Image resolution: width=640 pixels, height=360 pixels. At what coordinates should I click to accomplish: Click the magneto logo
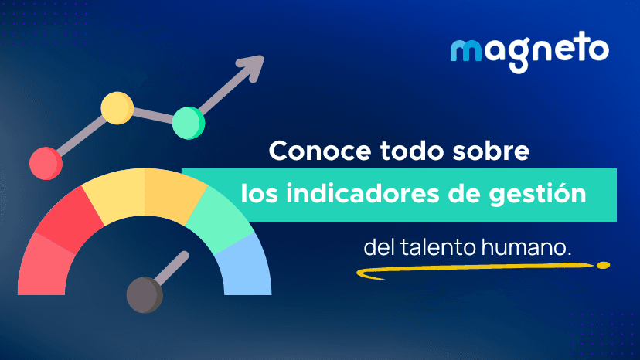coord(529,53)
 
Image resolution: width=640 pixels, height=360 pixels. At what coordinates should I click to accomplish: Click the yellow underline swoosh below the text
coord(479,270)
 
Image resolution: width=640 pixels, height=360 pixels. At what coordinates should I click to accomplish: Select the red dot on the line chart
coord(46,162)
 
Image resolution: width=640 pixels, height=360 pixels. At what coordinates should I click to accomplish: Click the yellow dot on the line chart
coord(117,108)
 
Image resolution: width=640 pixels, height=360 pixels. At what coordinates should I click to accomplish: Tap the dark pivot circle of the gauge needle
coord(144,295)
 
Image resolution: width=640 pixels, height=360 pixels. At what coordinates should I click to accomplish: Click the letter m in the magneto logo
coord(465,53)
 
